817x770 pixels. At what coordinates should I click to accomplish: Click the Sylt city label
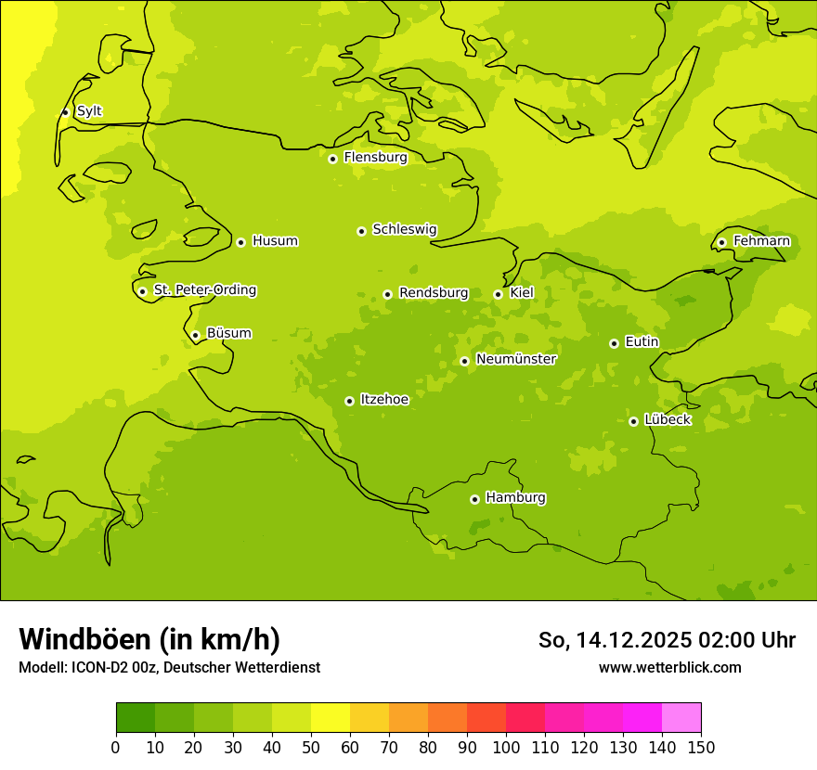pyautogui.click(x=89, y=111)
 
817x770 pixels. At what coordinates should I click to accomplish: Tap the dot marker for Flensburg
pyautogui.click(x=332, y=159)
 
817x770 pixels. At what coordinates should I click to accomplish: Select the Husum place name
pyautogui.click(x=275, y=241)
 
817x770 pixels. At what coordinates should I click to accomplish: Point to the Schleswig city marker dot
pyautogui.click(x=361, y=231)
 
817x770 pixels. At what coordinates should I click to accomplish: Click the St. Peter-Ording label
pyautogui.click(x=205, y=290)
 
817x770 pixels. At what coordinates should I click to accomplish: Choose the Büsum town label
pyautogui.click(x=228, y=333)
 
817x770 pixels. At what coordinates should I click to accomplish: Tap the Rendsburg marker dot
pyautogui.click(x=387, y=295)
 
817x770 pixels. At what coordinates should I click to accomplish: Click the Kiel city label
pyautogui.click(x=522, y=293)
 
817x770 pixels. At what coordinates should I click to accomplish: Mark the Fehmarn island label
pyautogui.click(x=761, y=241)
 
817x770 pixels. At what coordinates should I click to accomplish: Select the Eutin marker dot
pyautogui.click(x=614, y=343)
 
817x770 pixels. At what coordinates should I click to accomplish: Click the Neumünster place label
pyautogui.click(x=516, y=359)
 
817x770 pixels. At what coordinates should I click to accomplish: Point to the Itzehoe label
pyautogui.click(x=384, y=400)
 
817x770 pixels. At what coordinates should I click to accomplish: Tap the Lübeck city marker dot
pyautogui.click(x=633, y=421)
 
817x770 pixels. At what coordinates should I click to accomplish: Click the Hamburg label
pyautogui.click(x=515, y=498)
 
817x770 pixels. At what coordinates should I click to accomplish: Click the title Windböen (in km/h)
pyautogui.click(x=149, y=639)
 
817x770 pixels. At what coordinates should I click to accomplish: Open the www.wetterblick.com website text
pyautogui.click(x=669, y=667)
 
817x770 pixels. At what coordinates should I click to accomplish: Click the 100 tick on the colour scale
pyautogui.click(x=506, y=747)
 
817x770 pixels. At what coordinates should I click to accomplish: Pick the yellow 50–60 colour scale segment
pyautogui.click(x=331, y=718)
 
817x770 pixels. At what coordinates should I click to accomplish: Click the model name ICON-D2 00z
pyautogui.click(x=109, y=667)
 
